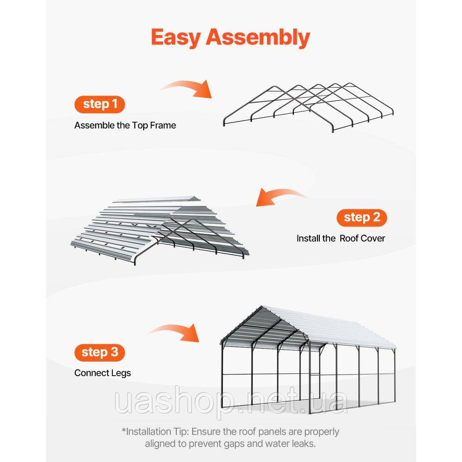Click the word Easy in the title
[176, 37]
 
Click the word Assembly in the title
[258, 37]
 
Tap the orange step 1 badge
[100, 104]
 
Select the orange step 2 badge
[362, 218]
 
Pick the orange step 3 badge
[100, 353]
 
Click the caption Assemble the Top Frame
[125, 126]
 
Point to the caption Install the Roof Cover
[340, 238]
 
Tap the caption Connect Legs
[103, 373]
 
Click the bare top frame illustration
[308, 108]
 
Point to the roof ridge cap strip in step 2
[156, 200]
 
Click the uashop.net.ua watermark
[231, 401]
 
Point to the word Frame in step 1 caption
[163, 126]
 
